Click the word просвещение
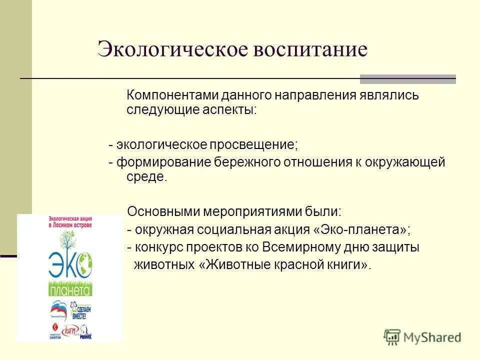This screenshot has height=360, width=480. [253, 145]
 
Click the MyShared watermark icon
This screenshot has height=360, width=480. [391, 336]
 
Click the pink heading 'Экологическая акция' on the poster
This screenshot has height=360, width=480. [70, 219]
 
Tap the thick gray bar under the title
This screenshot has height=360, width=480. [407, 79]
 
